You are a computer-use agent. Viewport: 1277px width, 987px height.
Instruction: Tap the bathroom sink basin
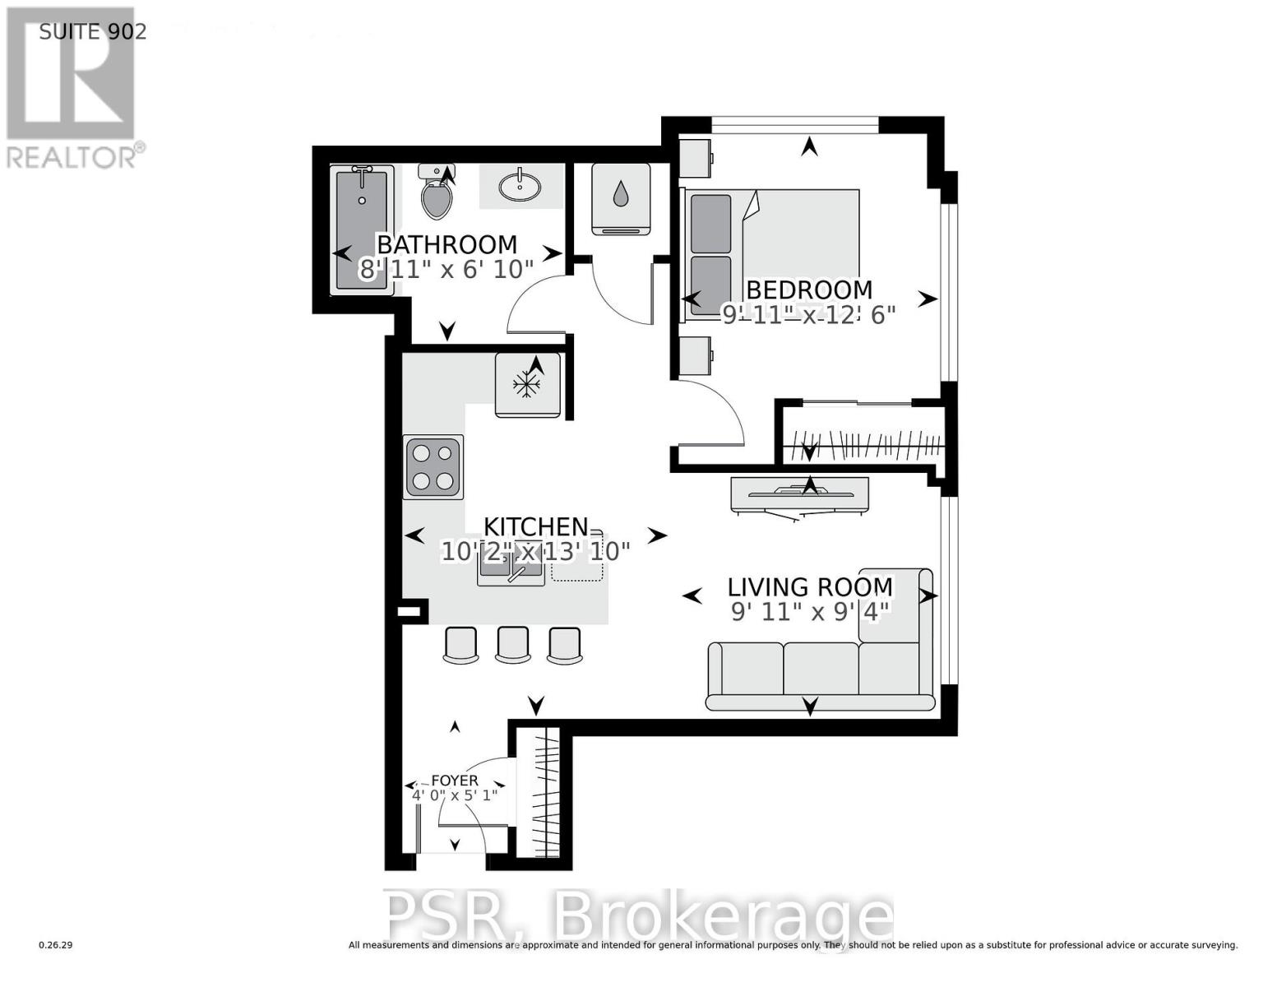(521, 186)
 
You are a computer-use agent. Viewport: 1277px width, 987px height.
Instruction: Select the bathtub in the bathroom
(362, 229)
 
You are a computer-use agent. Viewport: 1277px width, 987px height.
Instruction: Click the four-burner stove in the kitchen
(433, 466)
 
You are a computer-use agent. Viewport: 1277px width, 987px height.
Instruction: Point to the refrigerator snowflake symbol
(526, 383)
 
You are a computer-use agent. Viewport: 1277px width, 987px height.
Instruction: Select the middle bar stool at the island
(511, 645)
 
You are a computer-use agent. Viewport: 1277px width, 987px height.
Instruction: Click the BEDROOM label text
(808, 290)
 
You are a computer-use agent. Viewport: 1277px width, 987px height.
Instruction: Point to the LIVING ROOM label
(810, 586)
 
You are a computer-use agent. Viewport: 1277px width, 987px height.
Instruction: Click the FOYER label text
(455, 781)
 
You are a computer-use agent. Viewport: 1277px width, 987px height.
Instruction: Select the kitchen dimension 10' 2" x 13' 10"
(535, 551)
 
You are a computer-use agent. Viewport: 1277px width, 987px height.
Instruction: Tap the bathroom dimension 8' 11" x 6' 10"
(446, 269)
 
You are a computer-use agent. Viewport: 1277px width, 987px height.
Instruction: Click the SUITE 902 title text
(93, 31)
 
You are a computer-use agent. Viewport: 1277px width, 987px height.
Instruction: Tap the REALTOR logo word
(72, 156)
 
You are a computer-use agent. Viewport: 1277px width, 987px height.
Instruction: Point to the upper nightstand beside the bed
(695, 158)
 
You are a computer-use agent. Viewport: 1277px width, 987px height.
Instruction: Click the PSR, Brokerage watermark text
(639, 917)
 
